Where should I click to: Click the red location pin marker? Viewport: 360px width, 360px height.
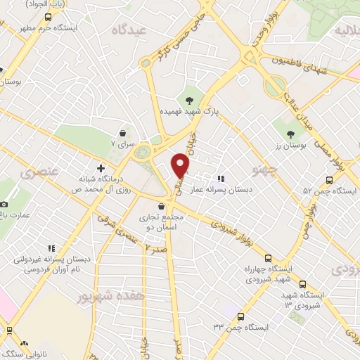(181, 166)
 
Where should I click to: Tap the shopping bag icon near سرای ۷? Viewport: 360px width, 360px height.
(124, 133)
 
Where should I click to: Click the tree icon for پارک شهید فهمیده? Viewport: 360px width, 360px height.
(189, 99)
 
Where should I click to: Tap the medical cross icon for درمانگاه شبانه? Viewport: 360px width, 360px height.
(101, 169)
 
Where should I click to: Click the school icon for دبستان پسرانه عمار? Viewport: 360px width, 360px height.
(221, 179)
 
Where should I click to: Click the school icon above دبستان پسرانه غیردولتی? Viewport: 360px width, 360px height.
(51, 248)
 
